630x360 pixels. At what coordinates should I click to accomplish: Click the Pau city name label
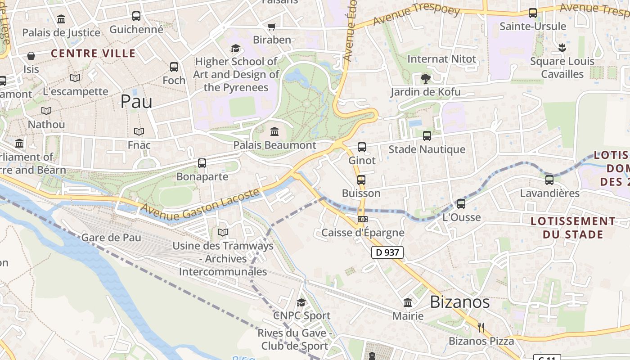click(x=136, y=102)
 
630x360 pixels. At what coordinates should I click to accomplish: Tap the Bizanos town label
click(x=459, y=302)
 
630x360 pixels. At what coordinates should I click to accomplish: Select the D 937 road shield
click(x=387, y=252)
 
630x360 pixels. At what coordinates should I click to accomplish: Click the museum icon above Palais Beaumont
click(x=274, y=132)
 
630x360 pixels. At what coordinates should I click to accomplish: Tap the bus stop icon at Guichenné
click(x=136, y=16)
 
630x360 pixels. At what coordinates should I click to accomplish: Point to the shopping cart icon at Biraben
click(x=271, y=27)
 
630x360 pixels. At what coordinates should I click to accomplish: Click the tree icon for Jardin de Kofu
click(x=425, y=79)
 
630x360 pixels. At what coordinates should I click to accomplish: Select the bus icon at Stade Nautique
click(x=427, y=135)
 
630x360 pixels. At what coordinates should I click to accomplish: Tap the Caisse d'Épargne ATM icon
click(x=362, y=219)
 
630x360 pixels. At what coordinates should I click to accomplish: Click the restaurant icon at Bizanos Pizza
click(x=481, y=327)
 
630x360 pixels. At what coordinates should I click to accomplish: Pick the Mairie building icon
click(x=408, y=302)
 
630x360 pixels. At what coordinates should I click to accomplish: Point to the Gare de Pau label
click(x=111, y=238)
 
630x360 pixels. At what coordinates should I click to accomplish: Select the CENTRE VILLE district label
click(x=93, y=54)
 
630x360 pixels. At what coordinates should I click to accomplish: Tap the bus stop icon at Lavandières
click(x=549, y=180)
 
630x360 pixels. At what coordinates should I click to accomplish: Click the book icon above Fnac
click(x=139, y=131)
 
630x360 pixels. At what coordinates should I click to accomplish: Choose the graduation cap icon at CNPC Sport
click(x=301, y=302)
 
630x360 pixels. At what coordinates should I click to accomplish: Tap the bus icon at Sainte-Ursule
click(x=533, y=13)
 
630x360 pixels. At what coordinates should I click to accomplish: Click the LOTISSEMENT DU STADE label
click(x=572, y=228)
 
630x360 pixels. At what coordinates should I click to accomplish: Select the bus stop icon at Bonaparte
click(x=202, y=163)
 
